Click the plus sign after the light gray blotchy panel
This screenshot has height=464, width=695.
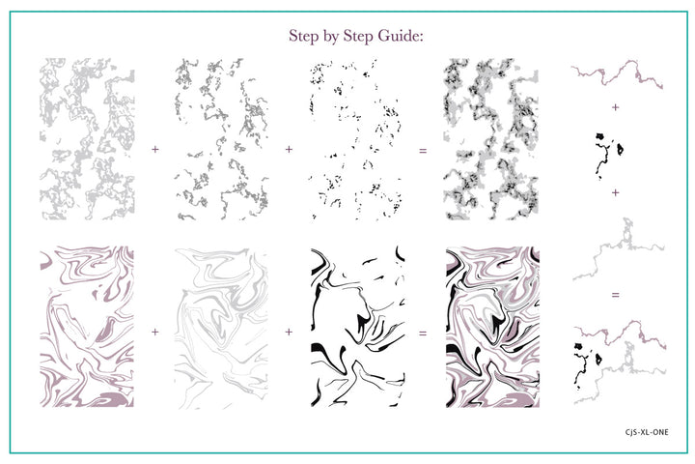click(x=154, y=149)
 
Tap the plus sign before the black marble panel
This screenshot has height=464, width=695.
click(x=288, y=333)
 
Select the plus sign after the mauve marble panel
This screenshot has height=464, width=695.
click(x=154, y=333)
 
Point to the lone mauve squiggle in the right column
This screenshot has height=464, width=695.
click(x=617, y=73)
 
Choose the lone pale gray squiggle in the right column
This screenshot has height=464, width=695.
click(x=618, y=249)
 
